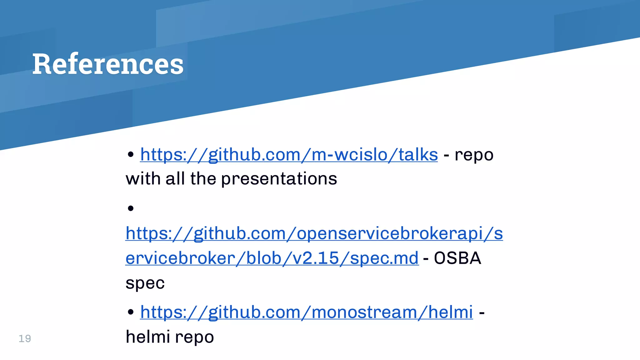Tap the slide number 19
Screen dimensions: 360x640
[25, 338]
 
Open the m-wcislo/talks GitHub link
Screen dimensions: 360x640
[289, 154]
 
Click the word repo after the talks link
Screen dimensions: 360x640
[474, 155]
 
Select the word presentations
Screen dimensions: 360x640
[279, 179]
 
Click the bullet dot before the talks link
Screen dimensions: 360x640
[131, 154]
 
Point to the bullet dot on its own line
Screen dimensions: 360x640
[131, 208]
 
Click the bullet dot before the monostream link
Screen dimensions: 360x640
[131, 312]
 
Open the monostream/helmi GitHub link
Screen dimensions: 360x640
[306, 312]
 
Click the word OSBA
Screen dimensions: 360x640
[457, 258]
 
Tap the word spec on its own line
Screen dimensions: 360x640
[145, 283]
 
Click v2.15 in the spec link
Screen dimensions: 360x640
[316, 258]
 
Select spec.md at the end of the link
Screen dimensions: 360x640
[384, 258]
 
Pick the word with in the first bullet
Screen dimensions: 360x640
[143, 179]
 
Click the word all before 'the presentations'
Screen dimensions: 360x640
[175, 179]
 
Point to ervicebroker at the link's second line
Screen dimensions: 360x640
[180, 258]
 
